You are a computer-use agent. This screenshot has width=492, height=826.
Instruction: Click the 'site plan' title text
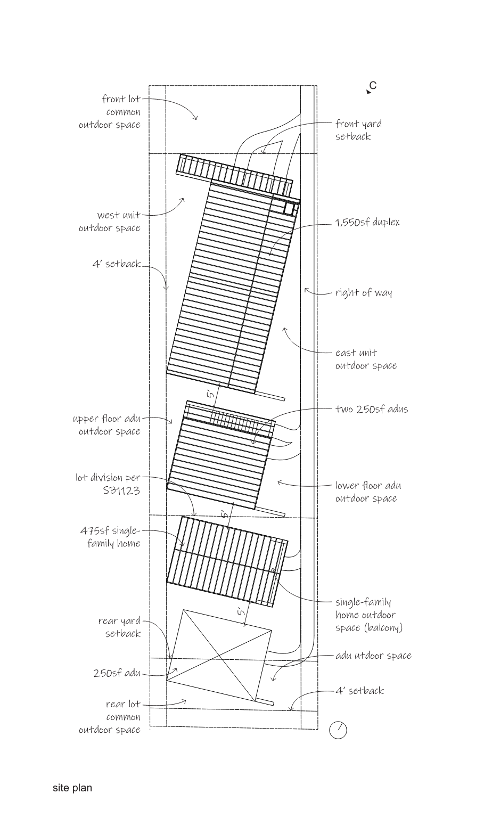coord(72,788)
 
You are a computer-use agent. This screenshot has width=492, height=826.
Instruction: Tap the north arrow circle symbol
coord(338,730)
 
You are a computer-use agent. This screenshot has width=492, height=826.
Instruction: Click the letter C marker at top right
coord(373,86)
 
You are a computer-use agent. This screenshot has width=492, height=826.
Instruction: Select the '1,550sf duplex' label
coord(367,223)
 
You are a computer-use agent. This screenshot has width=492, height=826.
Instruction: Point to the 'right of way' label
coord(364,292)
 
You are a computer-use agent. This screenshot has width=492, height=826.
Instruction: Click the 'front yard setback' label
coord(358,130)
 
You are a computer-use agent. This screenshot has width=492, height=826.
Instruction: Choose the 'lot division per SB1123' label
coord(108,484)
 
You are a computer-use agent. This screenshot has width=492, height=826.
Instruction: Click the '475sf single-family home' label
coord(111,537)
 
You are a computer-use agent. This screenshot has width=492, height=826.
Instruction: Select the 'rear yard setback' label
coord(119,627)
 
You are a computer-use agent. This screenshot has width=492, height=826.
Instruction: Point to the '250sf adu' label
coord(117,673)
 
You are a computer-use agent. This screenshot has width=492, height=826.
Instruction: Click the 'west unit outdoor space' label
coord(110,222)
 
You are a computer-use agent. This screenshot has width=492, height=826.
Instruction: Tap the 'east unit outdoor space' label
coord(366,359)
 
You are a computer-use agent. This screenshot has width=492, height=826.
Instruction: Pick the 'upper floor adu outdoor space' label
coord(106,425)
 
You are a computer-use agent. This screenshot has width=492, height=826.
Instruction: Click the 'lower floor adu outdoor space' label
coord(368,492)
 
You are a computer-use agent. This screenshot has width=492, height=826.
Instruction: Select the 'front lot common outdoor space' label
coord(110,111)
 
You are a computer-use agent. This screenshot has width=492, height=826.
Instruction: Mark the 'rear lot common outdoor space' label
coord(110,717)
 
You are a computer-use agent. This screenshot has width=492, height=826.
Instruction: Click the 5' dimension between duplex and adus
coord(211,394)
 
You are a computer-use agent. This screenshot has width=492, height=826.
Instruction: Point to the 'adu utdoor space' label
coord(373,656)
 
